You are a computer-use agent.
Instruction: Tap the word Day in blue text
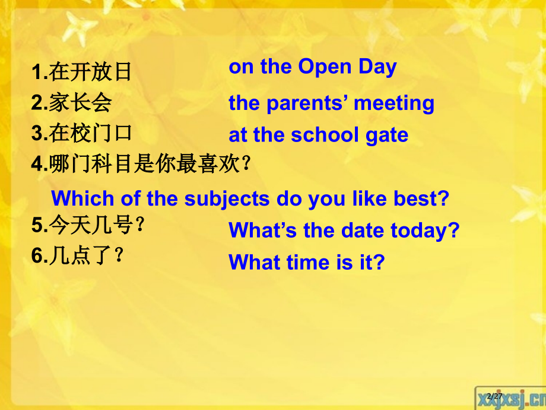coord(377,67)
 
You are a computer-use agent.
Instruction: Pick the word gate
coord(387,135)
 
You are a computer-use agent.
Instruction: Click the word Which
coord(82,198)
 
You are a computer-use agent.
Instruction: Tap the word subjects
coord(230,198)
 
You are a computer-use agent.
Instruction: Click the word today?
coord(426,231)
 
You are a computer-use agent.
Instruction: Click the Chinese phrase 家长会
coord(80,103)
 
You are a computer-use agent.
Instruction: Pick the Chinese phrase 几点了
coord(86,256)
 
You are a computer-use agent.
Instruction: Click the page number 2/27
coord(494,397)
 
